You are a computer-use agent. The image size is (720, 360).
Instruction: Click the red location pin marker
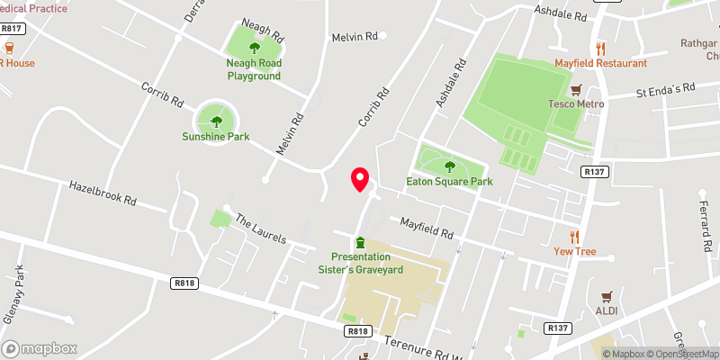coord(360,179)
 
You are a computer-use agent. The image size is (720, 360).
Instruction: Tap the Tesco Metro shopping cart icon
coord(576,89)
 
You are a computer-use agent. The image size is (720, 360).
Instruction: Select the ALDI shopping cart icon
coord(607,295)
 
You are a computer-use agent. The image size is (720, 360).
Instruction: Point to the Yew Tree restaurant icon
coord(575,237)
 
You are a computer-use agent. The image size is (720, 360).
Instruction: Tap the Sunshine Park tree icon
coord(216,121)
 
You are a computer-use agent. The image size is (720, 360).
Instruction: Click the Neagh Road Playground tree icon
coord(254,49)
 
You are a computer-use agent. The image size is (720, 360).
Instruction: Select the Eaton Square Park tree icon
coord(450,166)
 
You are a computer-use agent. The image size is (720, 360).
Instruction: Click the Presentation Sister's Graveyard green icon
coord(360,242)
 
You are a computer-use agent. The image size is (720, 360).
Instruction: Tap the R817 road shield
coord(12,29)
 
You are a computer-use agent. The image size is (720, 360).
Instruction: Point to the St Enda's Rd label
coord(666,90)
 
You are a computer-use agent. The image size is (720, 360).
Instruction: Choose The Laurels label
coord(260,229)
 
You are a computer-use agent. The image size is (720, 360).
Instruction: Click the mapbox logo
coord(40,348)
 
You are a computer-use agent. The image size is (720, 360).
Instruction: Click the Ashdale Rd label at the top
coord(559,15)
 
